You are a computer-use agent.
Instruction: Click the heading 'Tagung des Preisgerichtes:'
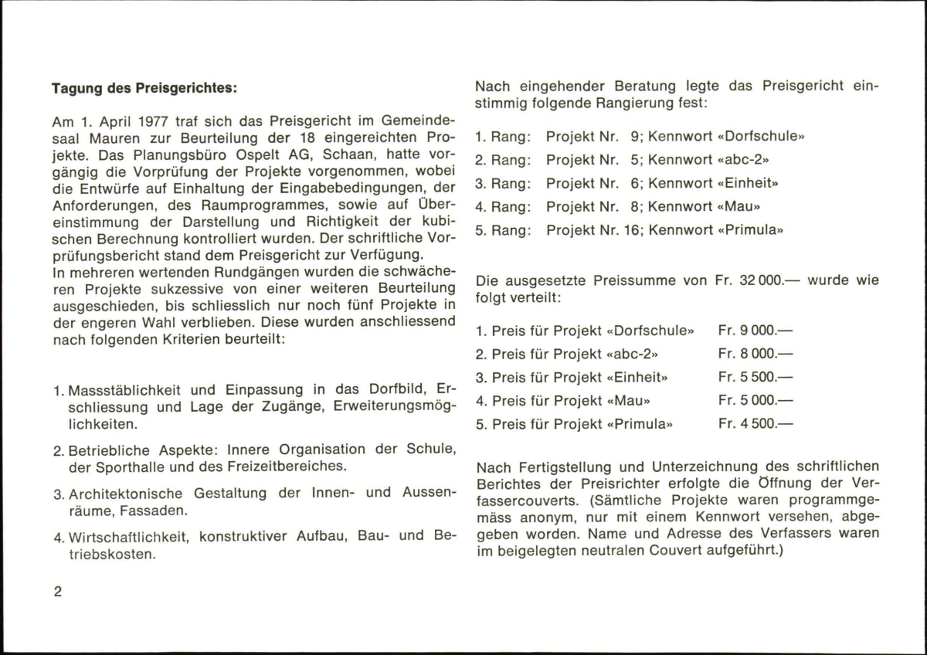[144, 88]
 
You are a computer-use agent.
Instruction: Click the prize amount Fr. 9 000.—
[756, 331]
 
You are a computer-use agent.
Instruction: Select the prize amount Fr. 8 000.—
[756, 354]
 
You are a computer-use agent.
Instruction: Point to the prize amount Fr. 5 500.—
[756, 377]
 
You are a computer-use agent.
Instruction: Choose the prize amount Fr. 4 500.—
[756, 423]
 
